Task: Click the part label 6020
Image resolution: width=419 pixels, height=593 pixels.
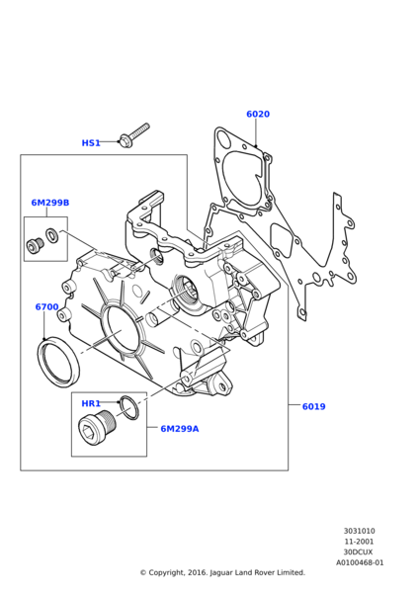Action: [x=258, y=114]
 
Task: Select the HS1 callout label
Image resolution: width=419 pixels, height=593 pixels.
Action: [x=91, y=143]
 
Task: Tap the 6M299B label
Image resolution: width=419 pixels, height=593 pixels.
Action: [x=50, y=203]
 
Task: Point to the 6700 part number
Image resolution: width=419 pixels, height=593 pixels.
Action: [x=46, y=306]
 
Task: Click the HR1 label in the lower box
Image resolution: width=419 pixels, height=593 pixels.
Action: [x=91, y=404]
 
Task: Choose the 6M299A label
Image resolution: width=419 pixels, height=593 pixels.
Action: [x=180, y=429]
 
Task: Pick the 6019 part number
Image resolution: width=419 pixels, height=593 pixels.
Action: [x=314, y=406]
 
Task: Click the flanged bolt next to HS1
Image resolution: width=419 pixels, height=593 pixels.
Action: [x=134, y=135]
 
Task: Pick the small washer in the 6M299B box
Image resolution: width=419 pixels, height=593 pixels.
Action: [x=51, y=235]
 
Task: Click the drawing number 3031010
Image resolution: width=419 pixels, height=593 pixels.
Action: [x=360, y=531]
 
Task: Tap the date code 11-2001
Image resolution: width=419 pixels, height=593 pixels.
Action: [x=360, y=542]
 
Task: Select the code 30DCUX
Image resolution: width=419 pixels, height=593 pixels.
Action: [x=360, y=552]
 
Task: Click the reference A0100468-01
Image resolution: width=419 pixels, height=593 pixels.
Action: [x=360, y=562]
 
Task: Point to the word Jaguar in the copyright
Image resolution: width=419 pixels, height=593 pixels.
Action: [x=220, y=572]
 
